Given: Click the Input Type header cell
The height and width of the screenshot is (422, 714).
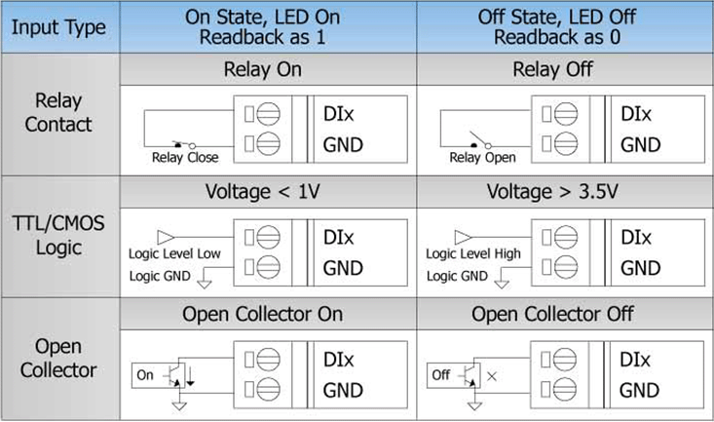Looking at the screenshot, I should click(58, 27).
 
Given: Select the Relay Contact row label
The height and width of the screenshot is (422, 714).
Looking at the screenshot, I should click(58, 112).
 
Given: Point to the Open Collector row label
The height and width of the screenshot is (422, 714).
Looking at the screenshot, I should click(58, 358).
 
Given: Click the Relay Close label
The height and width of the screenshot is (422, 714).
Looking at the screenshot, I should click(185, 157).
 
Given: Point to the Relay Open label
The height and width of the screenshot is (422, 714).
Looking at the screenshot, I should click(482, 157).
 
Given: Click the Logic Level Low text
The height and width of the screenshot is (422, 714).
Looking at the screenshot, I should click(173, 254).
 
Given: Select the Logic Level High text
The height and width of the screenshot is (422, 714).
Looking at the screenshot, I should click(473, 254).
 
